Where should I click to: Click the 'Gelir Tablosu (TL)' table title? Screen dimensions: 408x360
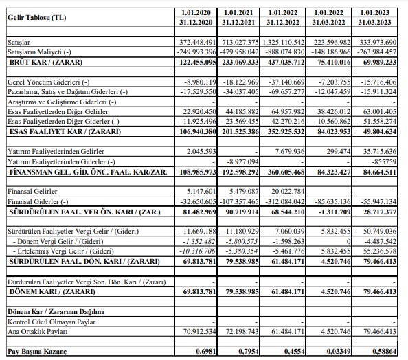tap(36, 18)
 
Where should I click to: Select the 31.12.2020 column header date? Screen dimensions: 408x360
tap(196, 23)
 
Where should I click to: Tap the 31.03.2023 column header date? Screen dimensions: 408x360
tap(374, 23)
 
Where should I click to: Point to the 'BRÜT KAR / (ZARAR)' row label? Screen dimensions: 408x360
tap(46, 63)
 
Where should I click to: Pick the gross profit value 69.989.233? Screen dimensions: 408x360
tap(380, 63)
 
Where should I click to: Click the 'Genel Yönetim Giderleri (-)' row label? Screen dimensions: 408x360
tap(48, 82)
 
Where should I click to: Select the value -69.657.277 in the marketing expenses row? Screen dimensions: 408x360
tap(286, 92)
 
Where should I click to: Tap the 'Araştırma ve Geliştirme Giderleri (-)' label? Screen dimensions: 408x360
tap(62, 102)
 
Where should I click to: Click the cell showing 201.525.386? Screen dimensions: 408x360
tap(240, 132)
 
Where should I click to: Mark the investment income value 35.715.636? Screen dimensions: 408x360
tap(380, 152)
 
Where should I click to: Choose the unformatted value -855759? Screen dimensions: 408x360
tap(384, 162)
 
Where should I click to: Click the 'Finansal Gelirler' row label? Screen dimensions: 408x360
tap(32, 191)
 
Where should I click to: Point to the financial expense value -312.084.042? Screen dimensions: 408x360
tap(284, 202)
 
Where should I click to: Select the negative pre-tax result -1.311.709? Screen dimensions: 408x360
tap(335, 212)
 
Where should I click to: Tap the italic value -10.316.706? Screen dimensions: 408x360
tap(198, 251)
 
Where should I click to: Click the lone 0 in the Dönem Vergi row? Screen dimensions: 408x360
tap(349, 242)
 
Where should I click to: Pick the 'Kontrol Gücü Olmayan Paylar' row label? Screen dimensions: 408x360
tap(52, 322)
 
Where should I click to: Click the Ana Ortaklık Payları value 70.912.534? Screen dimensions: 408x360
tap(199, 332)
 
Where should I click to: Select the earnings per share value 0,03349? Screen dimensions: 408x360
tap(339, 352)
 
